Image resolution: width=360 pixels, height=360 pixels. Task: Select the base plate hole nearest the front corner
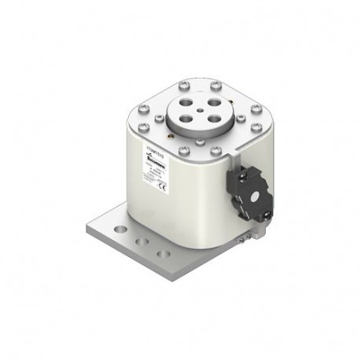pos(163,252)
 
